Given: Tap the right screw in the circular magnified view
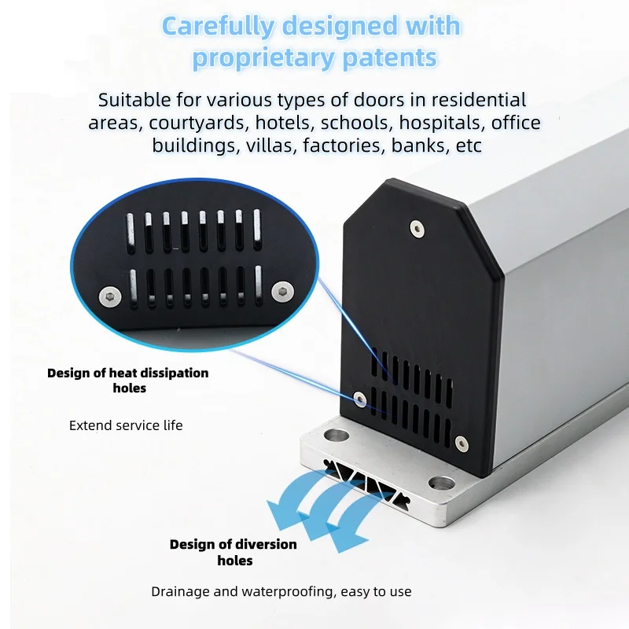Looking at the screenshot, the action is tap(281, 291).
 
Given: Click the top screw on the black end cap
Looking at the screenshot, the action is tap(416, 228).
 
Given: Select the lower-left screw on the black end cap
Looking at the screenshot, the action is tap(359, 398).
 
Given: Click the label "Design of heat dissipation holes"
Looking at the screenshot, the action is tap(128, 380).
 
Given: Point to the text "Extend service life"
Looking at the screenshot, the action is tap(126, 425).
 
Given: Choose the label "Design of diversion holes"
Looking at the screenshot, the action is tap(234, 552).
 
